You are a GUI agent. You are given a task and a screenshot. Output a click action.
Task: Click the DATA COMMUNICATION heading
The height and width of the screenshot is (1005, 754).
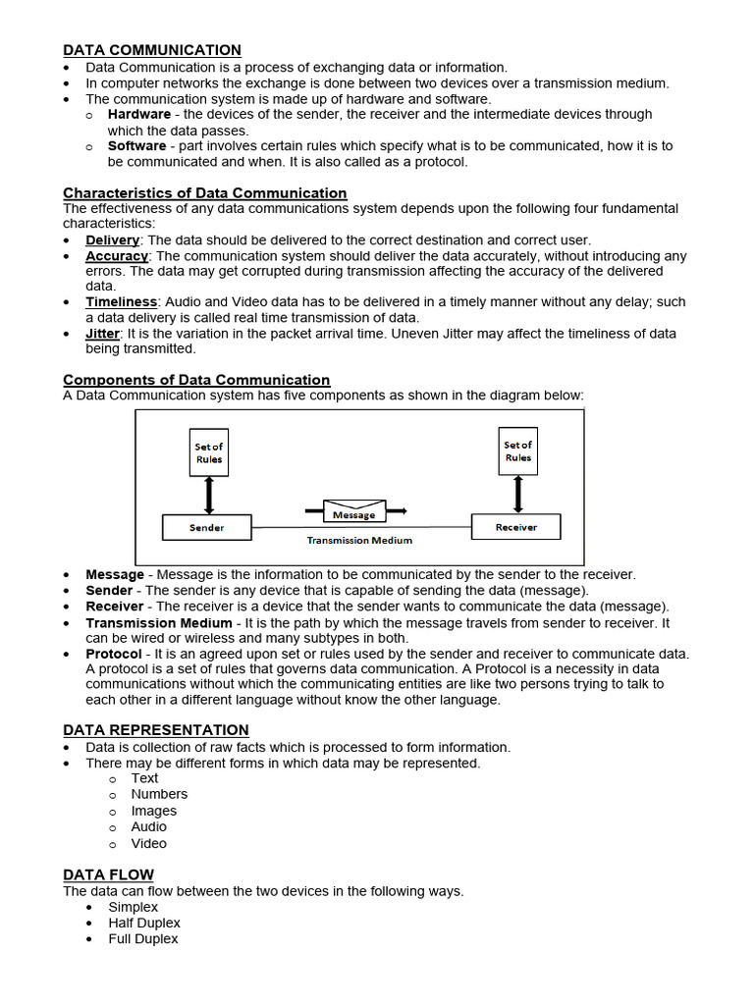[152, 50]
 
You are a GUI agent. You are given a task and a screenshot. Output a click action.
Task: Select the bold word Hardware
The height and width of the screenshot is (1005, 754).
[139, 114]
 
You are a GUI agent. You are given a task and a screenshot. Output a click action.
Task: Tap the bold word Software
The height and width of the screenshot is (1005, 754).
[136, 145]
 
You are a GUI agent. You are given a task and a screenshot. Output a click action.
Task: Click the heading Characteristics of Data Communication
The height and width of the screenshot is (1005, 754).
[205, 193]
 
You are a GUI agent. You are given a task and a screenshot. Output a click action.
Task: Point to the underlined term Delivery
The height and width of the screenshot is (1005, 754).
[113, 239]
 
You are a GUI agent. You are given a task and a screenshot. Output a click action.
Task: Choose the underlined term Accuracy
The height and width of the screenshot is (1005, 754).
[117, 255]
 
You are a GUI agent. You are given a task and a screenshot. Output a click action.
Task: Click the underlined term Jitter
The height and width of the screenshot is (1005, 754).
[102, 334]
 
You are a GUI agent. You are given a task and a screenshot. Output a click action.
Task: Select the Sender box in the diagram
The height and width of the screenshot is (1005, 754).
[206, 527]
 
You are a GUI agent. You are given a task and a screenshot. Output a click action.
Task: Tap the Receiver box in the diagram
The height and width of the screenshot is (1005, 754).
[516, 527]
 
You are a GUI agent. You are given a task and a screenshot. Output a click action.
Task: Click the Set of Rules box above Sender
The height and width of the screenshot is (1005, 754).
[208, 452]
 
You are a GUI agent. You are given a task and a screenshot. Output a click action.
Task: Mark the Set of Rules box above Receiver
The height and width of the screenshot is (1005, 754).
[517, 451]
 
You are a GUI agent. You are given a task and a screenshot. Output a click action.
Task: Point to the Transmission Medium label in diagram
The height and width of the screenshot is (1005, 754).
[359, 540]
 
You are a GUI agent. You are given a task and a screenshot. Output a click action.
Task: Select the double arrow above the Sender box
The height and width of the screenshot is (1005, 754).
[208, 496]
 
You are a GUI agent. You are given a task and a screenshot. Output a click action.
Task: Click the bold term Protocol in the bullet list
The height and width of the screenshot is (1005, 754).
[114, 654]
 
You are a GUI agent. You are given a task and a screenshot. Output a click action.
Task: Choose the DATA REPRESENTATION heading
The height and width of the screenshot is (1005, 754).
[156, 730]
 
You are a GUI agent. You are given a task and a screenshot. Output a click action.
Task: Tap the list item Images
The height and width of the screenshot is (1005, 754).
[154, 811]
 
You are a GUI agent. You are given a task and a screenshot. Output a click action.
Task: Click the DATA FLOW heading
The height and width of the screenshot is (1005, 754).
[108, 874]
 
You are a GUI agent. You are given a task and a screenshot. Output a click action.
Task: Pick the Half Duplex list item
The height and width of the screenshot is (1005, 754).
[144, 923]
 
